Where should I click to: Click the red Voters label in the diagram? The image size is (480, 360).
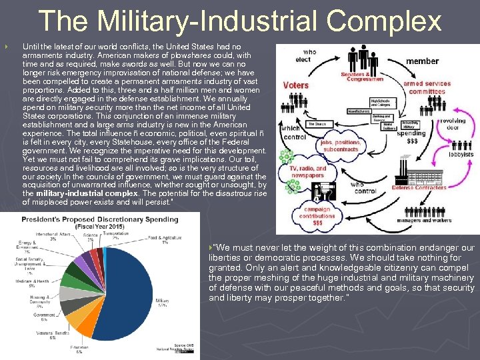click(295, 85)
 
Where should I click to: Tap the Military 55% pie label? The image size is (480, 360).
click(162, 304)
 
